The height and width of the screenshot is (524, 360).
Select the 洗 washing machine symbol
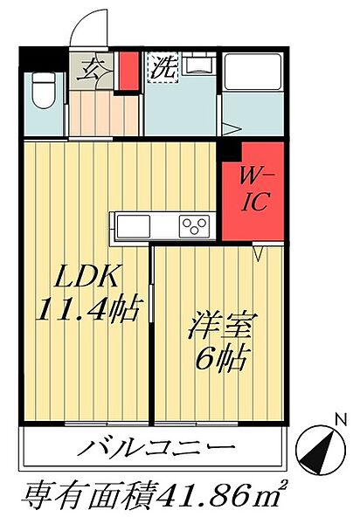pos(162,67)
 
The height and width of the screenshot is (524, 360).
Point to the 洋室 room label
pos(222,328)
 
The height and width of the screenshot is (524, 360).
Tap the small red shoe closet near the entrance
pos(128,71)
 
